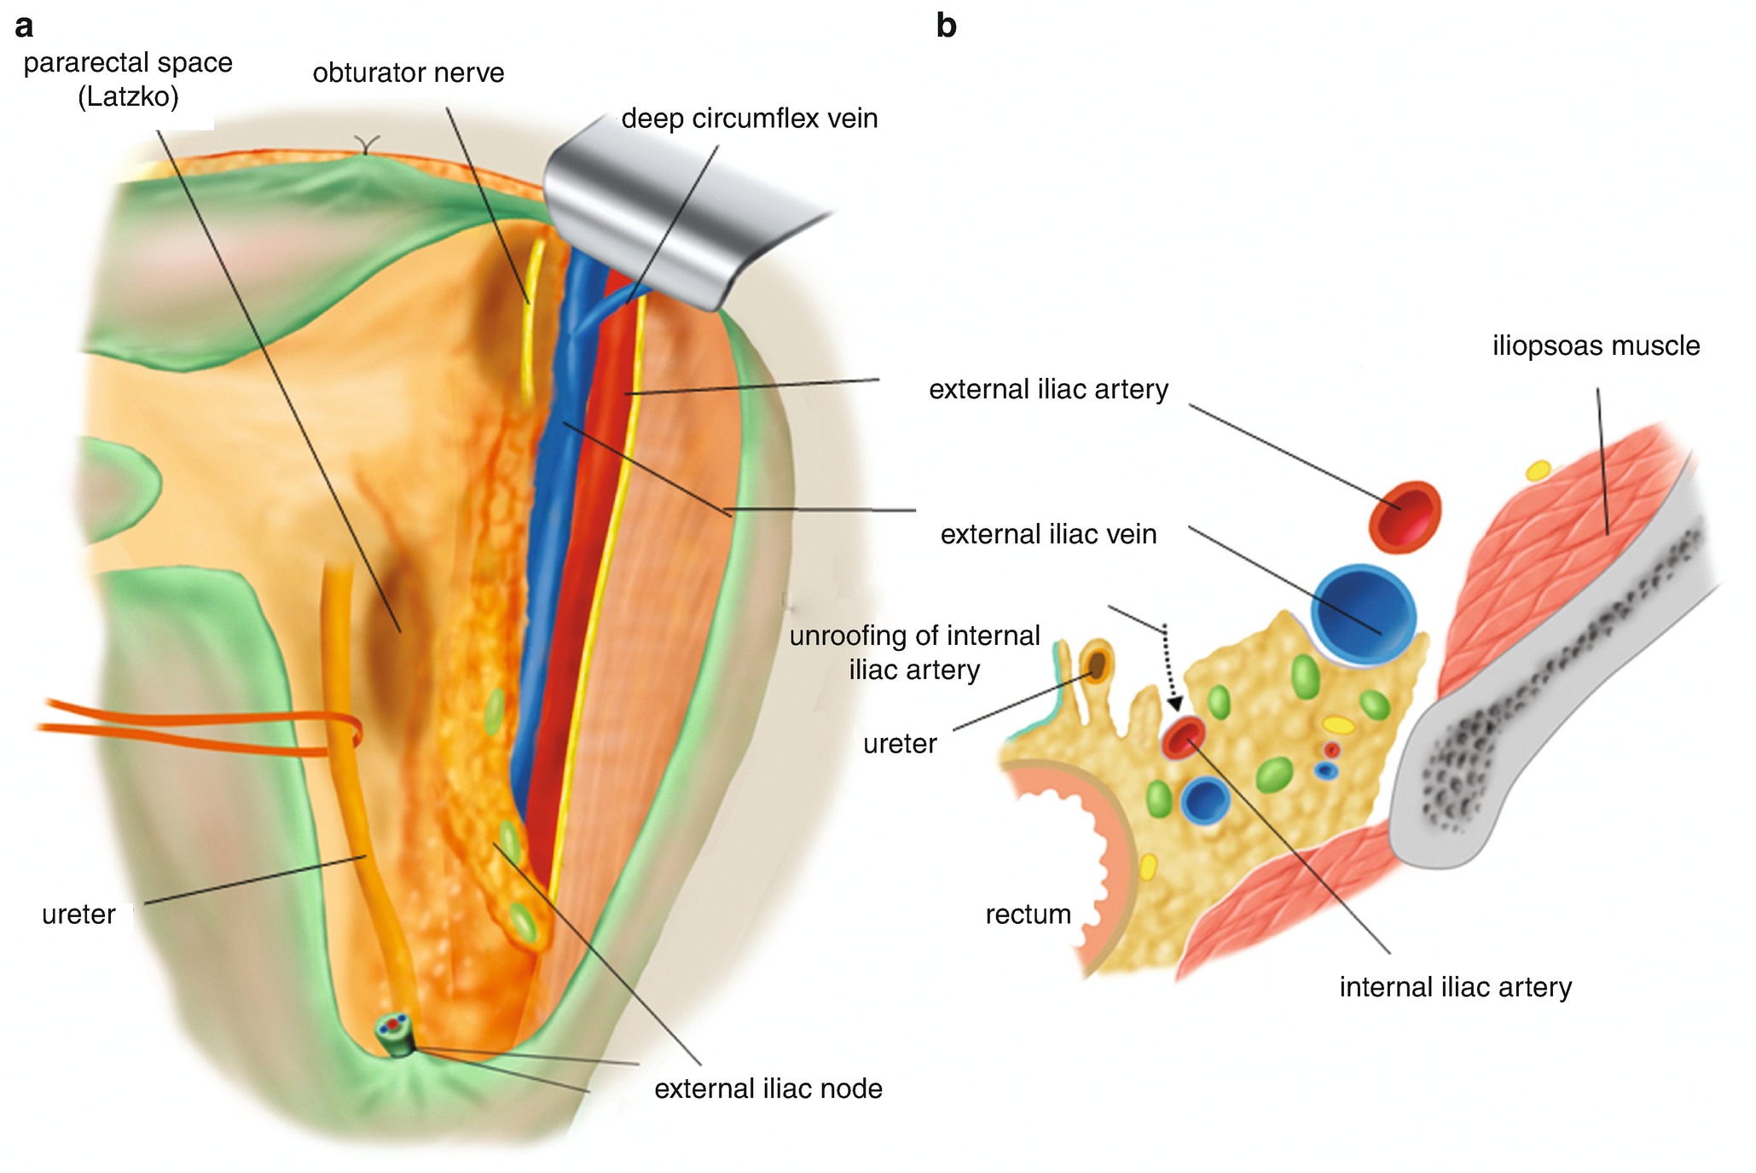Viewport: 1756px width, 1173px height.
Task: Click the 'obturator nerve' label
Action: [x=408, y=73]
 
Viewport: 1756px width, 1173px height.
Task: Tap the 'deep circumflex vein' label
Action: [x=749, y=119]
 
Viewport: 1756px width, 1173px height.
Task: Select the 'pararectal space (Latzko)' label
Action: [x=128, y=79]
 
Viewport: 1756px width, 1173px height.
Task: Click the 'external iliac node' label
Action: [x=768, y=1089]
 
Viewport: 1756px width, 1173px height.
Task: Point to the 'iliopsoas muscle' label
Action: [x=1596, y=346]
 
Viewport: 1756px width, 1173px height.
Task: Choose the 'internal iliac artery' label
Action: [x=1455, y=988]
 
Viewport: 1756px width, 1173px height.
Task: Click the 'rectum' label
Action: [x=1028, y=915]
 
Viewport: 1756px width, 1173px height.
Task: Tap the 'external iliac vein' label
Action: [x=1048, y=535]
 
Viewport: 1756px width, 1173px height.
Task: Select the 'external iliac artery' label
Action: [x=1048, y=390]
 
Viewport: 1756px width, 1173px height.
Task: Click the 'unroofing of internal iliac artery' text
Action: [x=914, y=653]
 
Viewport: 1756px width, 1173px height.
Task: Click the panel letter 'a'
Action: [x=24, y=26]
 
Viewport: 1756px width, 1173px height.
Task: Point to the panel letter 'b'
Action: [x=946, y=26]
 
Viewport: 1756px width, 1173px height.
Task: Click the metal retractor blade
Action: [x=674, y=213]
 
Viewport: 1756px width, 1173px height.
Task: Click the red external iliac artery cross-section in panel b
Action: [x=1405, y=516]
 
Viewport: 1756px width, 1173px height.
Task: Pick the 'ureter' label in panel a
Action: [x=78, y=915]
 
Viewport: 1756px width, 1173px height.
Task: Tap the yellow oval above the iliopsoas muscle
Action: [x=1538, y=470]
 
